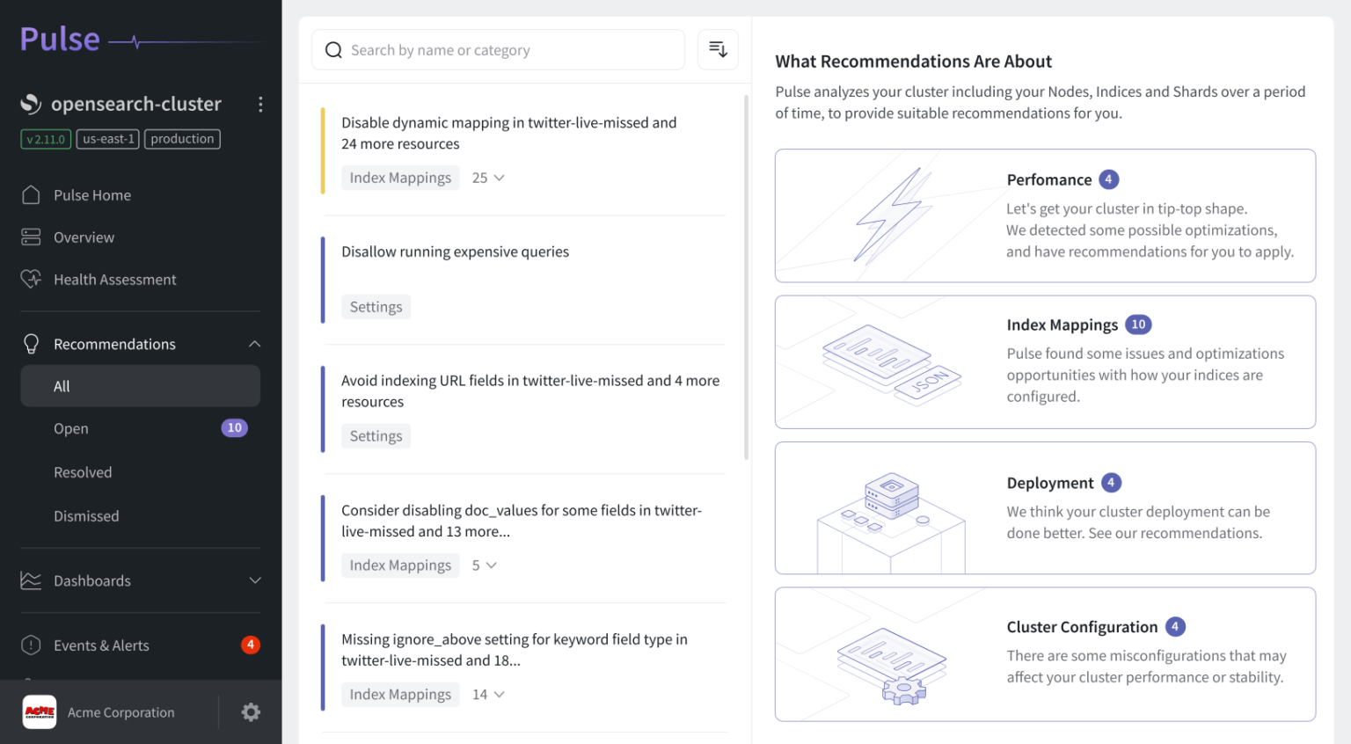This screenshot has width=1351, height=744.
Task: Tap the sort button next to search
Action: [x=718, y=49]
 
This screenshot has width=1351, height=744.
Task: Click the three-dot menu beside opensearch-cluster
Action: [x=260, y=105]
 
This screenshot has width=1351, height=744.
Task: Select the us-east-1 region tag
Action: [x=108, y=139]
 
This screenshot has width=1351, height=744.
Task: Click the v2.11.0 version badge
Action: [x=46, y=139]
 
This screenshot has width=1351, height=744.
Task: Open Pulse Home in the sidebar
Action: [x=91, y=195]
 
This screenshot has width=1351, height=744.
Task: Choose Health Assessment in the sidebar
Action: [x=114, y=280]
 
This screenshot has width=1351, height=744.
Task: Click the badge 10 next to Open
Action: [x=234, y=428]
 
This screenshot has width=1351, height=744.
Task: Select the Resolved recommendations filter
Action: [x=83, y=472]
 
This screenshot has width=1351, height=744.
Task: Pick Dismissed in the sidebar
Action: [x=86, y=516]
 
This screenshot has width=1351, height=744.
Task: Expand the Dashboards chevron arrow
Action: [x=255, y=580]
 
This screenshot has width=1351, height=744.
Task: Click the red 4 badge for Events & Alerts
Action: [x=251, y=645]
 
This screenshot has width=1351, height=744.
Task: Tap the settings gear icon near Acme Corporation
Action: [x=251, y=712]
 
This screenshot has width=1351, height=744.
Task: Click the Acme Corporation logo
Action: [x=40, y=712]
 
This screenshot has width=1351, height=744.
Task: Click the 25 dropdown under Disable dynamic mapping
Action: [x=488, y=178]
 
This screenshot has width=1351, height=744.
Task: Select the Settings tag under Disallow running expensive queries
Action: [x=376, y=307]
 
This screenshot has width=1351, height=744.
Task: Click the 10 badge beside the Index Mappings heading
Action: [x=1138, y=325]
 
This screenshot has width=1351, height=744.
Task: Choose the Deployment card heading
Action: [x=1050, y=483]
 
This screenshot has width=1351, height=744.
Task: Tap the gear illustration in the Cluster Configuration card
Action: [x=904, y=691]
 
